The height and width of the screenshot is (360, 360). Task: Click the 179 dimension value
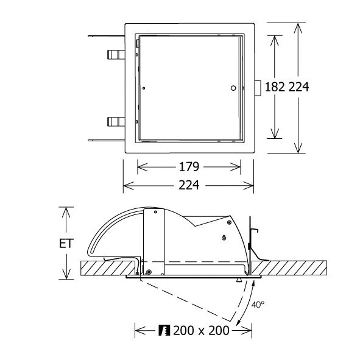(x=189, y=167)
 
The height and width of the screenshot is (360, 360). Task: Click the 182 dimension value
(x=275, y=87)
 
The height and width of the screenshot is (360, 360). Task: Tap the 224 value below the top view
(x=189, y=185)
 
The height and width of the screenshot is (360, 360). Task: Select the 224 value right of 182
(x=298, y=87)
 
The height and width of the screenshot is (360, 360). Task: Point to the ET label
(x=66, y=244)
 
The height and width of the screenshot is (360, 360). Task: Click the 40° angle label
(x=258, y=305)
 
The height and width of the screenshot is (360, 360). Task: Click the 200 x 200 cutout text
(x=201, y=331)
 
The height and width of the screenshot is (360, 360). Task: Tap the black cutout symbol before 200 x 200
(x=164, y=331)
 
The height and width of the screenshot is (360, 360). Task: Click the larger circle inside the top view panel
(x=233, y=88)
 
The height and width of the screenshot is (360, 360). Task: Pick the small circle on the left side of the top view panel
(x=144, y=88)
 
